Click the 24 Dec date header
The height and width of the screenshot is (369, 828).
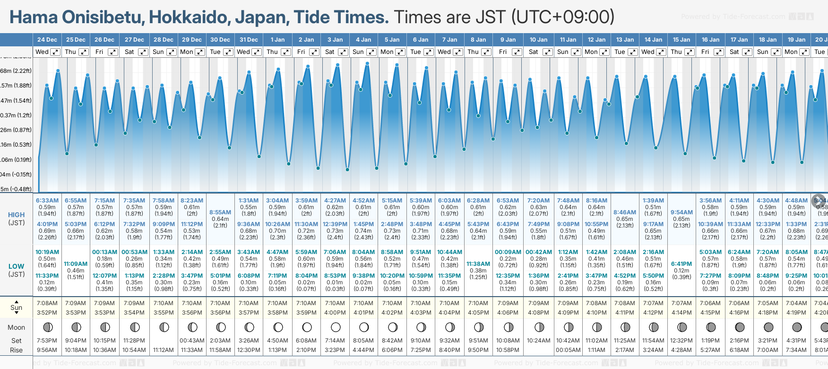pos(47,40)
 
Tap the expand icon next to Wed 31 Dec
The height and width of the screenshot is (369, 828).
pos(257,52)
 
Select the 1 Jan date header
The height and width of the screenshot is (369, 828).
pos(277,40)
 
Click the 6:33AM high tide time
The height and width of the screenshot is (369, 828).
pos(47,201)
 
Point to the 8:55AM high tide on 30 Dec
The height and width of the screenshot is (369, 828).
pos(220,212)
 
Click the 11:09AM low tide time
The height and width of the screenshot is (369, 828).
pos(76,264)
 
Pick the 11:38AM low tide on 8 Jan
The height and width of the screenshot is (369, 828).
pos(478,264)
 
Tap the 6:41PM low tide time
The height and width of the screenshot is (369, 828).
pos(681,264)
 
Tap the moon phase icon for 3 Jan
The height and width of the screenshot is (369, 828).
pos(336,327)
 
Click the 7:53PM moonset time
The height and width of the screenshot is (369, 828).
pos(47,341)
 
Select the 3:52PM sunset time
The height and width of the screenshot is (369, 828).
pos(47,313)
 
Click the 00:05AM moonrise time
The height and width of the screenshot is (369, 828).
pos(568,350)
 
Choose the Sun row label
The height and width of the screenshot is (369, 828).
pos(17,307)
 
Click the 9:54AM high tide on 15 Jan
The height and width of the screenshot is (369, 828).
pos(681,212)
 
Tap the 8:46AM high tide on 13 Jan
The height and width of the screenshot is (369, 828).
pos(625,212)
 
